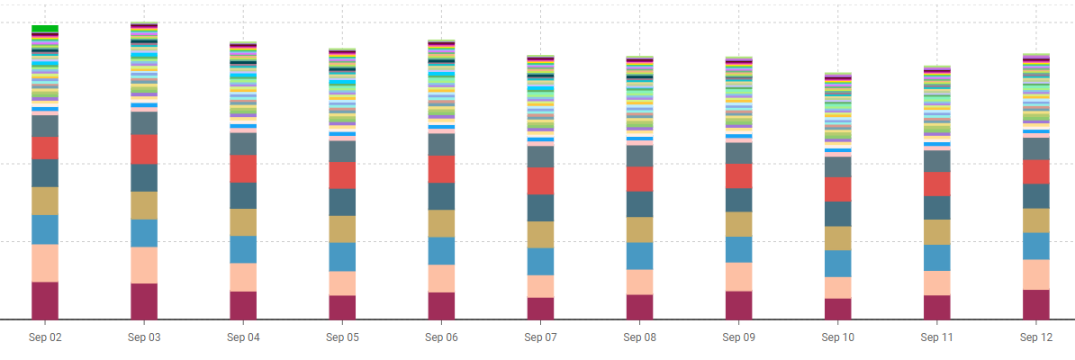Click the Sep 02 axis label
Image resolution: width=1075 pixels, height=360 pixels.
coord(44,337)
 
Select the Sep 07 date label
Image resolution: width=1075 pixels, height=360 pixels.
coord(540,337)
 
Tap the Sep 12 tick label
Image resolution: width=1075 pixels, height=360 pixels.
coord(1036,337)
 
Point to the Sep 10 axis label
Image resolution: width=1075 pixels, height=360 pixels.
coord(838,337)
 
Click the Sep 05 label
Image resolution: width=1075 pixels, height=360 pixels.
coord(342,337)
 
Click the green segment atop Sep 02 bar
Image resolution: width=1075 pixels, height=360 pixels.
coord(45,28)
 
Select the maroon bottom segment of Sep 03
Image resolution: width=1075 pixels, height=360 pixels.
coord(144,301)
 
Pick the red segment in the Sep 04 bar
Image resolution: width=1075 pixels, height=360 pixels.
coord(243,168)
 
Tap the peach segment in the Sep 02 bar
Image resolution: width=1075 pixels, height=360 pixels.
coord(45,263)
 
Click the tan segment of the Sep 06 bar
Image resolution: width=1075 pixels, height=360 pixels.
coord(441,223)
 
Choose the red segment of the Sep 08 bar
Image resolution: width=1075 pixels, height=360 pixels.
coord(639,179)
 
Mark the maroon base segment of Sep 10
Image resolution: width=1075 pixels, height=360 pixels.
coord(838,309)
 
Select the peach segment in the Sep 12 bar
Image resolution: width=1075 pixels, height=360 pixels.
coord(1036,274)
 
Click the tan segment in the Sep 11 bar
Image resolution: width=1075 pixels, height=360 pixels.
coord(937,232)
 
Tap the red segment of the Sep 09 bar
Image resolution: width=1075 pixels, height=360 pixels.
coord(739,175)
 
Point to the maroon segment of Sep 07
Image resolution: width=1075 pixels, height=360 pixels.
coord(540,308)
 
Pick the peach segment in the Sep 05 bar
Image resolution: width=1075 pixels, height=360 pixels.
coord(342,283)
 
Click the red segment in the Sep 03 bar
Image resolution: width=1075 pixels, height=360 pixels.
coord(144,148)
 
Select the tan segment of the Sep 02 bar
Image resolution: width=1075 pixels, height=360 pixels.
coord(45,201)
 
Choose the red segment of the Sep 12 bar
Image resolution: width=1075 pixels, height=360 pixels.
coord(1036,171)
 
